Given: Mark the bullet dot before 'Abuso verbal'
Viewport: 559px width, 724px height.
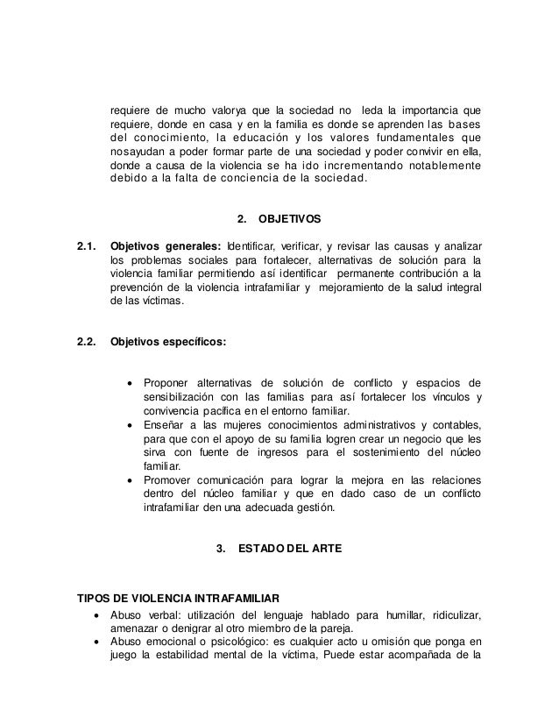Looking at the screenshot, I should (96, 613).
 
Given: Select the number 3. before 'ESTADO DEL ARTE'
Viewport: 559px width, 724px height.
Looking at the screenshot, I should (221, 550).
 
